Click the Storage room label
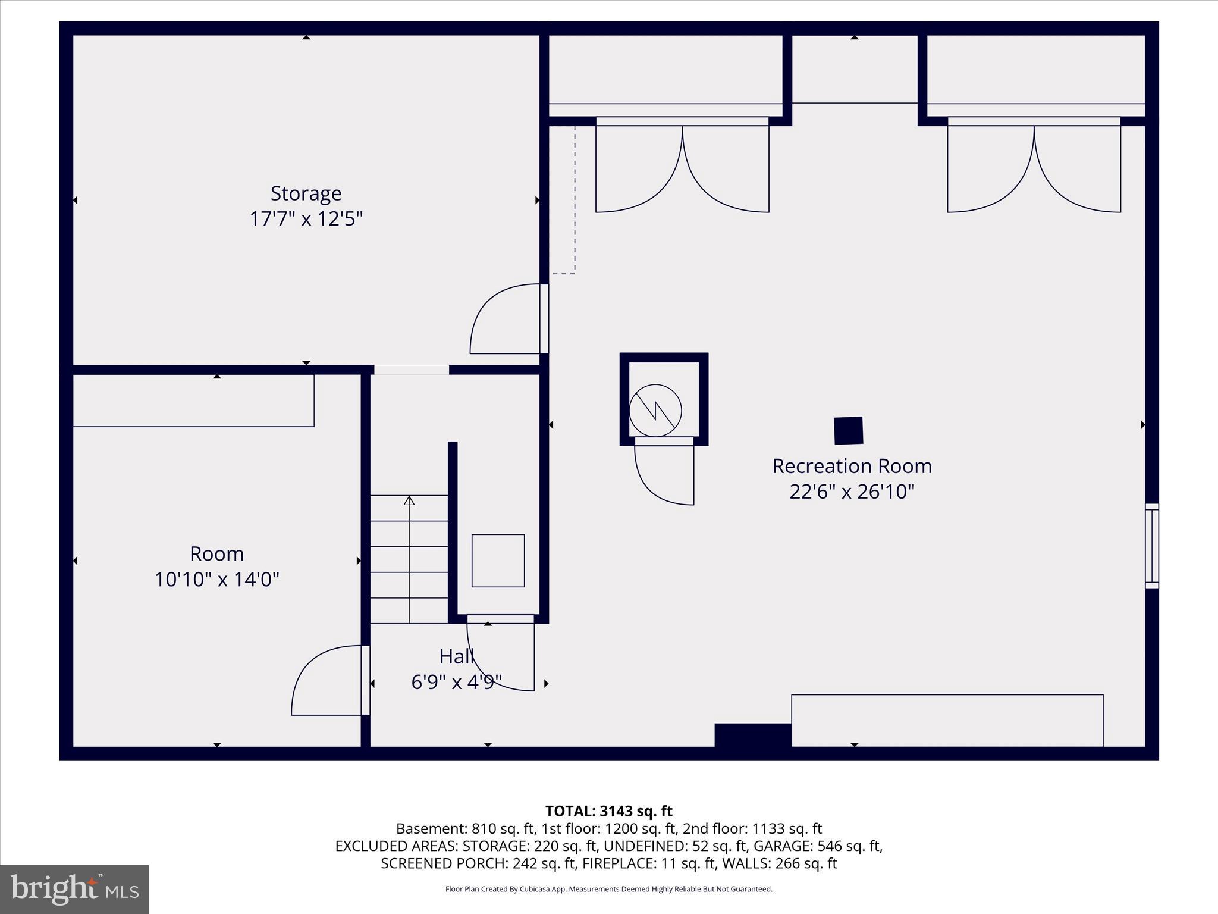point(306,193)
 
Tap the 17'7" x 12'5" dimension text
point(306,219)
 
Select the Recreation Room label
point(852,466)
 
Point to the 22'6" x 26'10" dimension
point(852,492)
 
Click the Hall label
point(456,656)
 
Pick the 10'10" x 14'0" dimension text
point(216,580)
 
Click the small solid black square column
point(848,431)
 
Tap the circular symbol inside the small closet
point(655,410)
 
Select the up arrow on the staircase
point(409,500)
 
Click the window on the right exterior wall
point(1151,546)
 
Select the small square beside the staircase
point(498,561)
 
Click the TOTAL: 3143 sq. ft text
point(608,811)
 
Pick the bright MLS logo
point(74,889)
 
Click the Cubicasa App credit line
point(608,889)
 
